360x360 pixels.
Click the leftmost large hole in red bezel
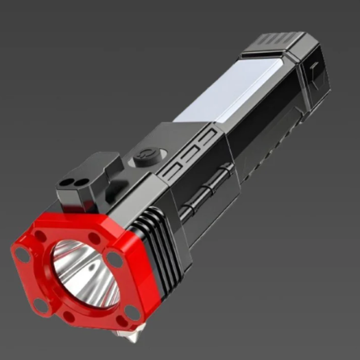(22, 254)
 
